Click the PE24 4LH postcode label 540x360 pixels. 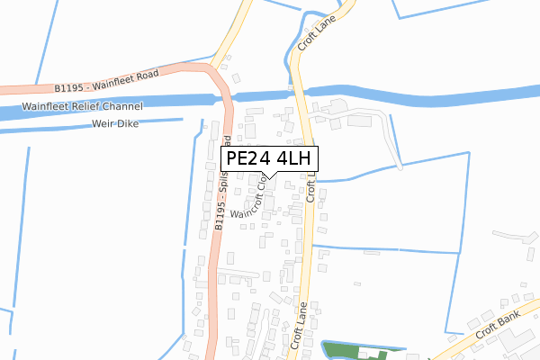[x=269, y=158]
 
